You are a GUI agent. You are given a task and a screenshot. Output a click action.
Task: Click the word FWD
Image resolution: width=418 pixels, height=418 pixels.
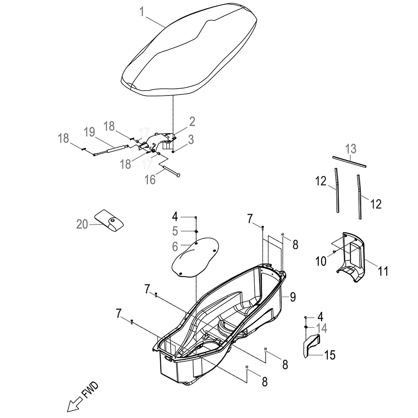pyautogui.click(x=90, y=390)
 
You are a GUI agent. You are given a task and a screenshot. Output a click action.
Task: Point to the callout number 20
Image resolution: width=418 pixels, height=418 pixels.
pyautogui.click(x=82, y=224)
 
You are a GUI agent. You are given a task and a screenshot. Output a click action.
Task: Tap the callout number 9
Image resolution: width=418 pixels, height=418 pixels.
pyautogui.click(x=293, y=297)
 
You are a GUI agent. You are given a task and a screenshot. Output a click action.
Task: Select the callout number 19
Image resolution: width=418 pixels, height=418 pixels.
pyautogui.click(x=89, y=132)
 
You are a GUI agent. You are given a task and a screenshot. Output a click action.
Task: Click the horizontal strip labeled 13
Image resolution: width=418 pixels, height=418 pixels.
pyautogui.click(x=349, y=161)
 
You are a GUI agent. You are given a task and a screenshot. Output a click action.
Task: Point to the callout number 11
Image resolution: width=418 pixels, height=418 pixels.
pyautogui.click(x=383, y=271)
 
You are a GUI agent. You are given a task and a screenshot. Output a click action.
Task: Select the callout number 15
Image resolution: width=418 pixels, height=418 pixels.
pyautogui.click(x=330, y=355)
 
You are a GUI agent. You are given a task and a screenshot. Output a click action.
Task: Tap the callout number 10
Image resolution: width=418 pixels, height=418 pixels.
pyautogui.click(x=321, y=261)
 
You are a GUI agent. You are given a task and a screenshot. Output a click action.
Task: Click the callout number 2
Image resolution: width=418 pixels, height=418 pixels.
pyautogui.click(x=192, y=121)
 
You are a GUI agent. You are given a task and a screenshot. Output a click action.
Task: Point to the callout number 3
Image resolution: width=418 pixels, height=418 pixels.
pyautogui.click(x=191, y=140)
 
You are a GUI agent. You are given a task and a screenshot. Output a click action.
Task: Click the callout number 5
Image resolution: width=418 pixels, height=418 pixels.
pyautogui.click(x=175, y=231)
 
